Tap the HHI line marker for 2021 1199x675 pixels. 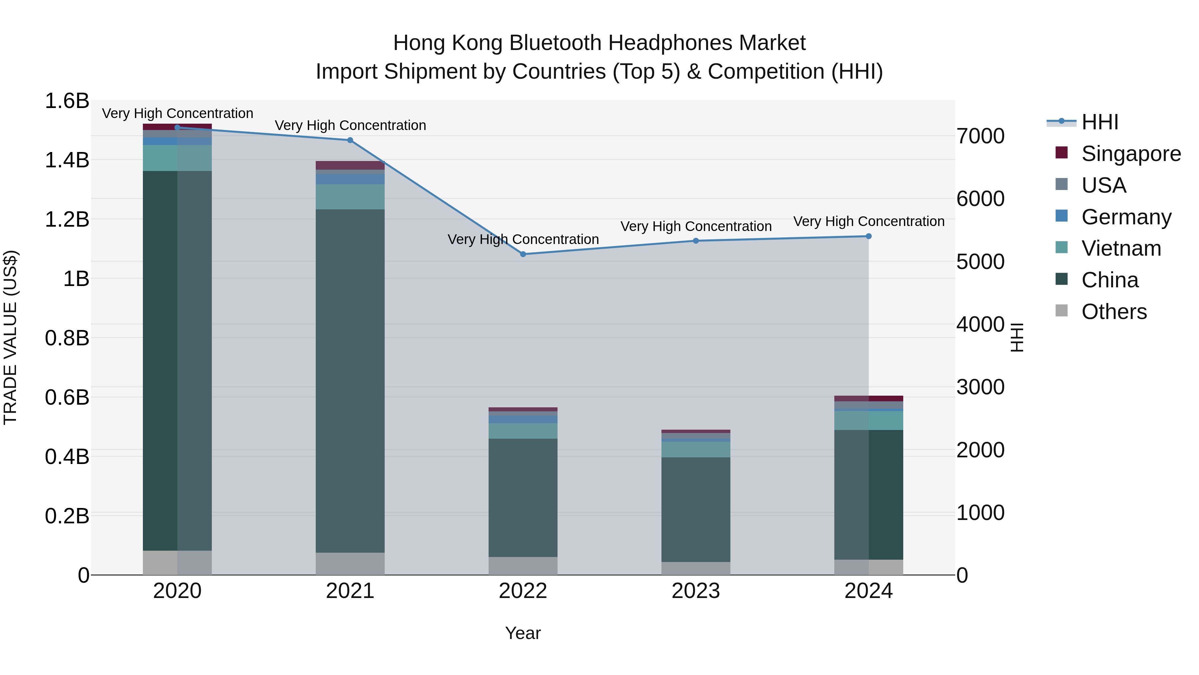[350, 140]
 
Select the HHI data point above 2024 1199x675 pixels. [869, 236]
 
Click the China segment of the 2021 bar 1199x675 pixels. [350, 381]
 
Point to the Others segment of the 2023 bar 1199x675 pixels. [695, 568]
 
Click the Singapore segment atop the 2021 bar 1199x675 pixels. [350, 165]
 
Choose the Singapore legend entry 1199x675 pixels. [1131, 154]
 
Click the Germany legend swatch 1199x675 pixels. [1062, 216]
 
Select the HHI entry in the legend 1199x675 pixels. [1099, 122]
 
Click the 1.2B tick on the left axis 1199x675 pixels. [67, 219]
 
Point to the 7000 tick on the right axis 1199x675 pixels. [980, 136]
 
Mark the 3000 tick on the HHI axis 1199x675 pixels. [980, 387]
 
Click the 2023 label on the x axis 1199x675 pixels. [695, 591]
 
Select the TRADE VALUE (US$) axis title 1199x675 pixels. [10, 337]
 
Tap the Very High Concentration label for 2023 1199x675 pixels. [695, 226]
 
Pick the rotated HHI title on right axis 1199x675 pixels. [1017, 337]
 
